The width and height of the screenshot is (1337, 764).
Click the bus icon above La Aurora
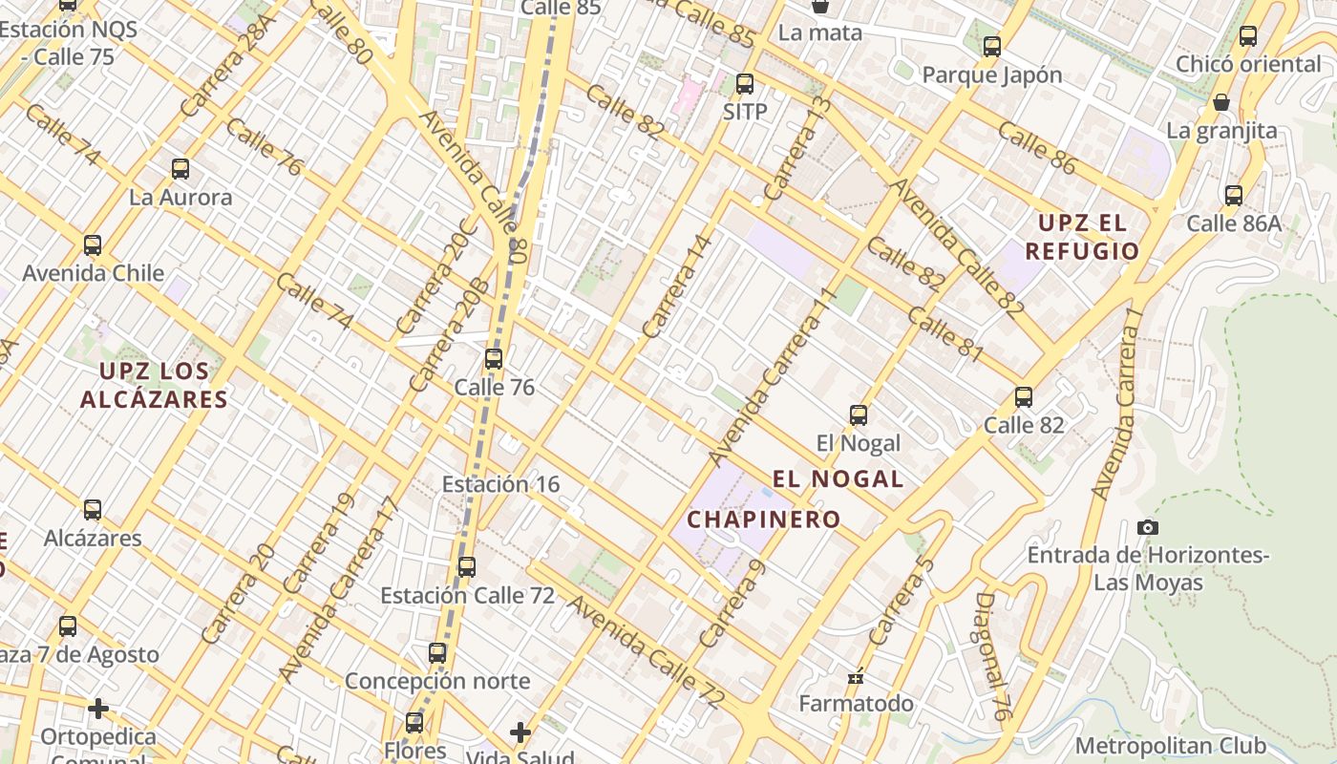[180, 170]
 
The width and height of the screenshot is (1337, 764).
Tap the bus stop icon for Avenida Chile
[93, 245]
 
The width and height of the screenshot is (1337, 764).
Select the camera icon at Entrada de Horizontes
[1148, 527]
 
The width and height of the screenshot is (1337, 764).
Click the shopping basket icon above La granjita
[1221, 103]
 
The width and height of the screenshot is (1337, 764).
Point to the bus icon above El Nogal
[859, 415]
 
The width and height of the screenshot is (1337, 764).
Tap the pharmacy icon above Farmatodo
[856, 677]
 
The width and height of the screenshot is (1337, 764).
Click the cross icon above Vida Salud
[520, 732]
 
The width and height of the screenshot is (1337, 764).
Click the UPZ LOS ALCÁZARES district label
[154, 384]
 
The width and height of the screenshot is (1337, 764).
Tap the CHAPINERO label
[764, 520]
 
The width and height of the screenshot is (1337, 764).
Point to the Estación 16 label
[500, 484]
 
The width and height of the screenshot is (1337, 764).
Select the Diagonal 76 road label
[992, 655]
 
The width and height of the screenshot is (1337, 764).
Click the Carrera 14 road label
[678, 286]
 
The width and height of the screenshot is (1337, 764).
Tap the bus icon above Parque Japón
[992, 47]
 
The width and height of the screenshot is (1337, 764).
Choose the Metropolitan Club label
[1171, 745]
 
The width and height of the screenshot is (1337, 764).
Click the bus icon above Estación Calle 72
[467, 567]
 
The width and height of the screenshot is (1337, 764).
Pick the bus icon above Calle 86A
[1234, 196]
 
